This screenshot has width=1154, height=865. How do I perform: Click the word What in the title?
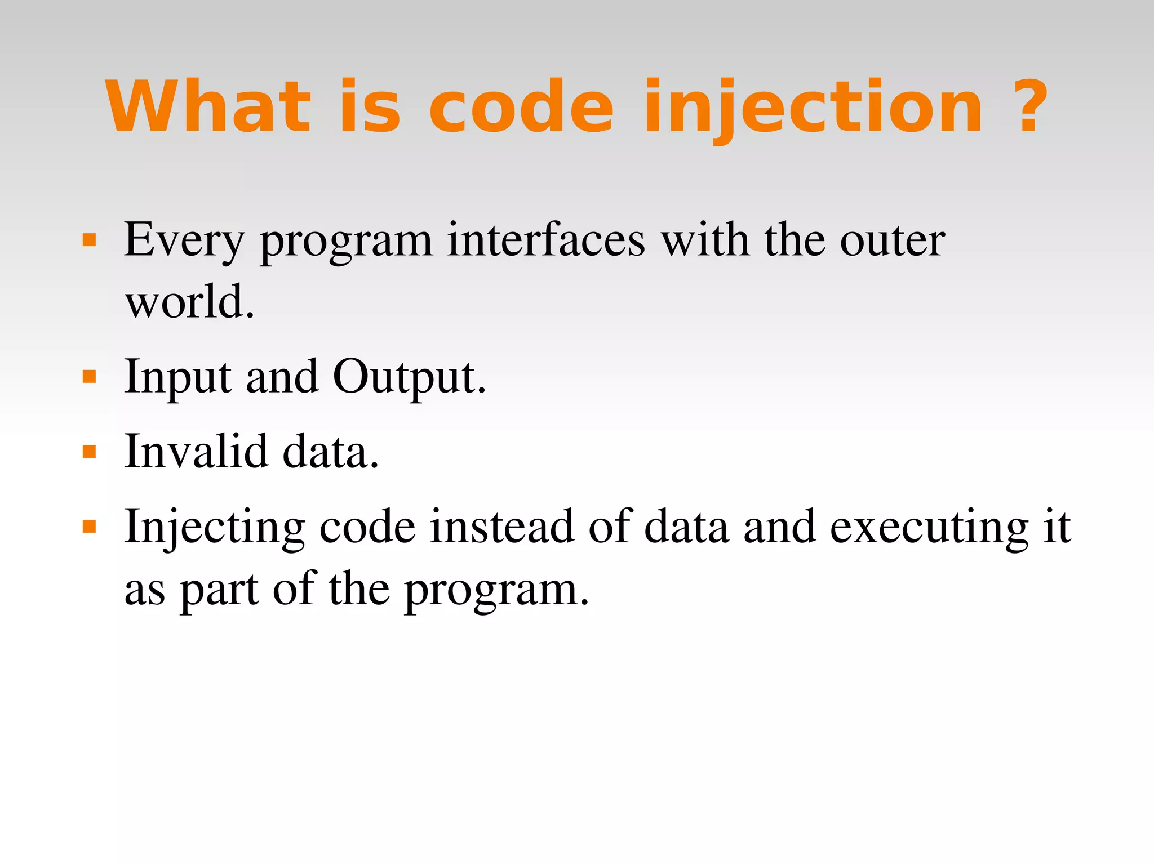click(208, 107)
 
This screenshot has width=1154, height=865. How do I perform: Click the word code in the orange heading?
click(521, 107)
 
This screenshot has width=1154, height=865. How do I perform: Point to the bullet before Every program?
click(89, 241)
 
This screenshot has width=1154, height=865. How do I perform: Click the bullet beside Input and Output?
click(89, 376)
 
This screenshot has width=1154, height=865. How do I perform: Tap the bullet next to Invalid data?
click(89, 452)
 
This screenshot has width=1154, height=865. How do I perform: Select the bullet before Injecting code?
click(89, 527)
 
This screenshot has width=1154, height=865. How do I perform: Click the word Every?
click(184, 241)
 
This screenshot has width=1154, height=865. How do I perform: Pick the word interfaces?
click(545, 240)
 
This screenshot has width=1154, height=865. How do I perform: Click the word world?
click(189, 302)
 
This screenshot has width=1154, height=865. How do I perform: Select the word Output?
click(409, 377)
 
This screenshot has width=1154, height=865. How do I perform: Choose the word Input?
click(177, 377)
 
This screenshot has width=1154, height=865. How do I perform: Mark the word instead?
click(501, 527)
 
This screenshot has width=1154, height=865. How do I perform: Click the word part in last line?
click(219, 590)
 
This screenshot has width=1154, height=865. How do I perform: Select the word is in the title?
click(370, 107)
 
